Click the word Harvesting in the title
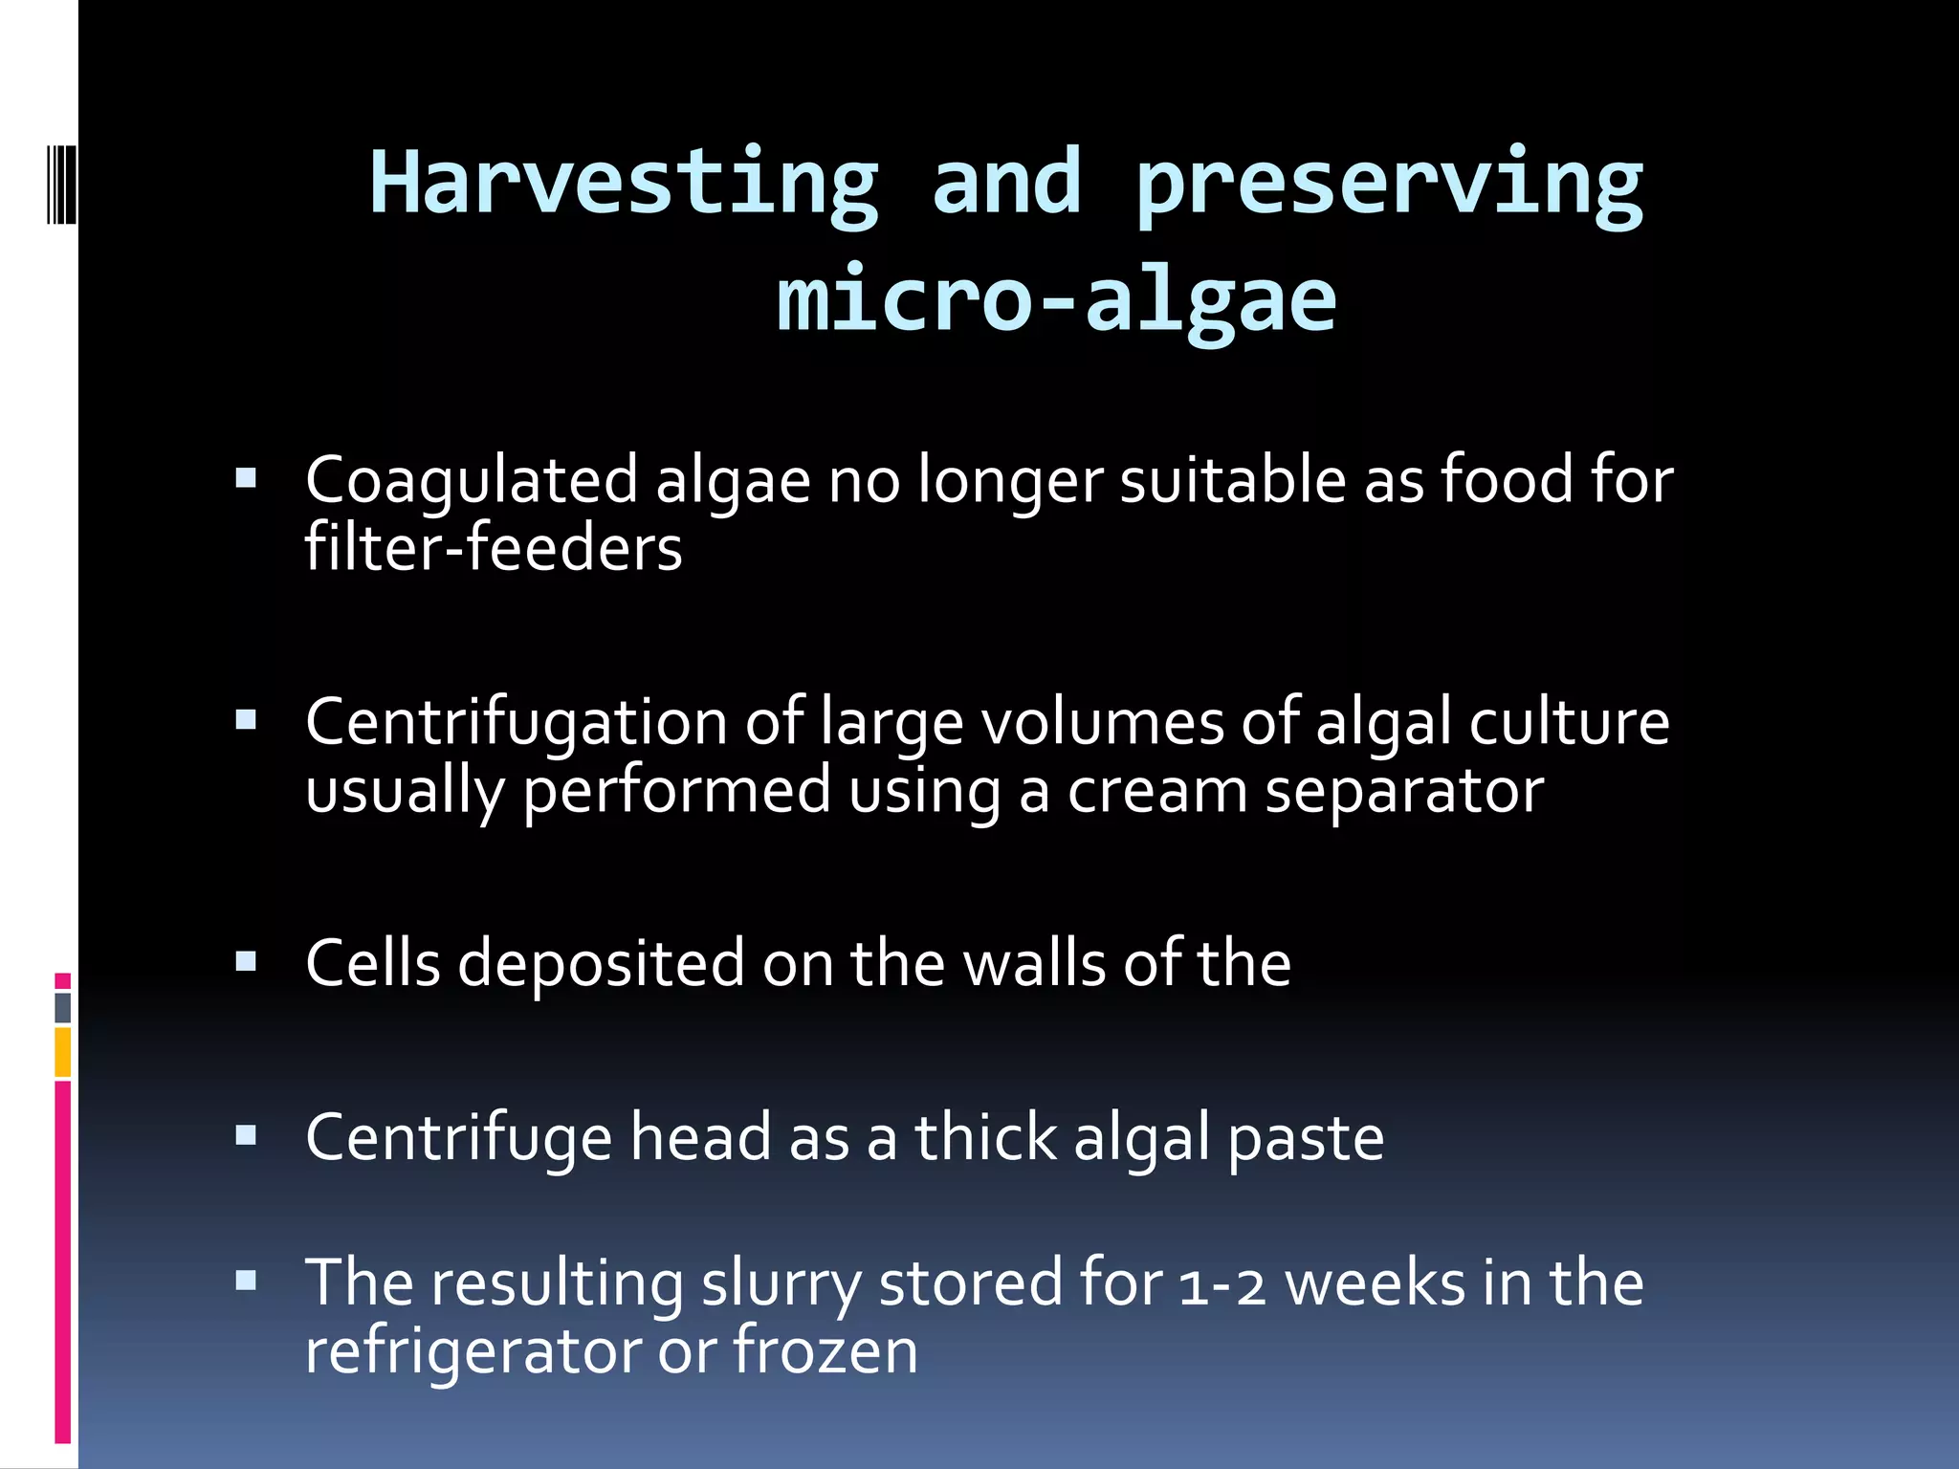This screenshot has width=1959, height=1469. coord(624,184)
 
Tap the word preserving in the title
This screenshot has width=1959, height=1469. coord(1389,186)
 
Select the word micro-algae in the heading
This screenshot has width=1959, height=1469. coord(1056,300)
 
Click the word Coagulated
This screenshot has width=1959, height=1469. coord(471,480)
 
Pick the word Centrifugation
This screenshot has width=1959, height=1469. coord(517,723)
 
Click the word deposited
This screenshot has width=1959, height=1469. coord(601,964)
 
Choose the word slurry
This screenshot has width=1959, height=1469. coord(781,1284)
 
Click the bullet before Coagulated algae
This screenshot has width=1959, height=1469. coord(246,478)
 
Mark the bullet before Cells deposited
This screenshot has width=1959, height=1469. coord(246,961)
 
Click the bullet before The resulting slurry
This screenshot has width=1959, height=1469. coord(246,1281)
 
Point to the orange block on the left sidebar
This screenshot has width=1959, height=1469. coord(63,1052)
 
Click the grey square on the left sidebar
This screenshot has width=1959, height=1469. coord(63,1007)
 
